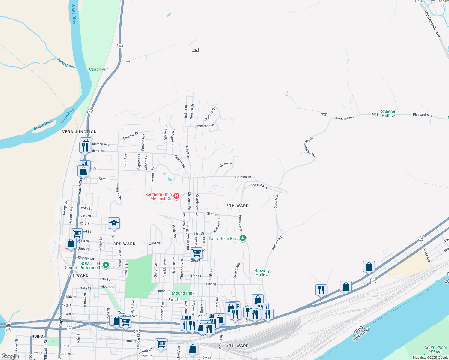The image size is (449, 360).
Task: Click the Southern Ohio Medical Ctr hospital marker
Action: click(x=176, y=196)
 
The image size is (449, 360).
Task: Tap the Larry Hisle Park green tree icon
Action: click(x=243, y=238)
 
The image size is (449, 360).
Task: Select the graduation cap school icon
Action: click(x=114, y=223)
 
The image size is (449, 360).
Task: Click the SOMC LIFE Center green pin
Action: click(x=106, y=265)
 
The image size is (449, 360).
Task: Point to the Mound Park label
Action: click(x=183, y=293)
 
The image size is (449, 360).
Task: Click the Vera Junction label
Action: click(x=79, y=132)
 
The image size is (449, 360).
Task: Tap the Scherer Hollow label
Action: click(x=388, y=113)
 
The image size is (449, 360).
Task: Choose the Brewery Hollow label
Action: click(x=262, y=273)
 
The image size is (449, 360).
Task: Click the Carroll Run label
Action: click(x=98, y=69)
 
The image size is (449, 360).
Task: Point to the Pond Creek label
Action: click(x=66, y=63)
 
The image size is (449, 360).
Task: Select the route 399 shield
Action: click(x=324, y=115)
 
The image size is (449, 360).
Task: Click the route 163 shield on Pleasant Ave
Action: click(x=374, y=114)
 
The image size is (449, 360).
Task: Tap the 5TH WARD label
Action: click(x=237, y=206)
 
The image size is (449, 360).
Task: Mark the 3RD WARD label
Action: click(x=124, y=244)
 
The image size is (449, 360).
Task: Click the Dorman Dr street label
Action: click(x=243, y=177)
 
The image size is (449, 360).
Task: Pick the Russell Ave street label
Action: click(x=259, y=186)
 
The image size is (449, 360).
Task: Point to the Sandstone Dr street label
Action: click(x=204, y=126)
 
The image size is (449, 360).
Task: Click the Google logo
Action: click(x=10, y=356)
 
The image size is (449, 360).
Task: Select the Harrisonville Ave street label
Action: click(x=432, y=24)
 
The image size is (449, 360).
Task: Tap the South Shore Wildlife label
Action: click(x=435, y=349)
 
